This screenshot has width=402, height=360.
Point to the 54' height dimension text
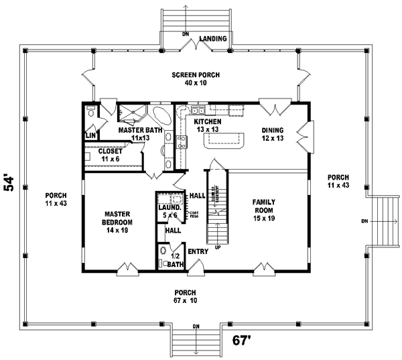click(x=9, y=183)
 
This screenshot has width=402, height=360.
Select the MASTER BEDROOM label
click(x=117, y=221)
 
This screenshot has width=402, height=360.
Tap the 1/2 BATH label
click(x=176, y=259)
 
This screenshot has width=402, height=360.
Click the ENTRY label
click(x=198, y=251)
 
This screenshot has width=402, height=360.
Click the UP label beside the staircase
click(x=217, y=248)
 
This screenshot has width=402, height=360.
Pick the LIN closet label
click(x=90, y=135)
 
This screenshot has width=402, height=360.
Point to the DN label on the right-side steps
click(x=364, y=221)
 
